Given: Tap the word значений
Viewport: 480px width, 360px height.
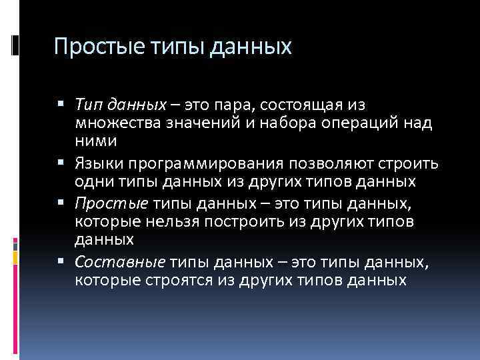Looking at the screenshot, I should click(194, 123).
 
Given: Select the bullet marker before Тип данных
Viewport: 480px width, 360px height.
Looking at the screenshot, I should click(61, 104).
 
